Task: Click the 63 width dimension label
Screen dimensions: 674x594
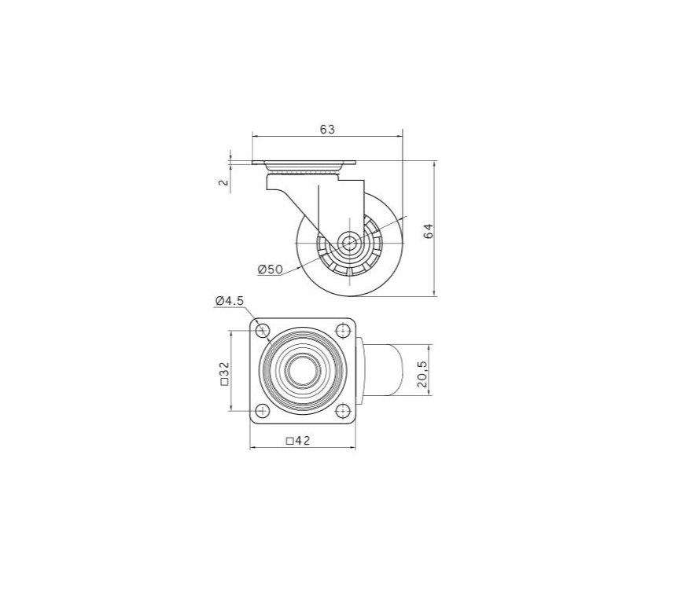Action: click(327, 129)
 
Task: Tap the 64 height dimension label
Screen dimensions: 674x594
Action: click(429, 231)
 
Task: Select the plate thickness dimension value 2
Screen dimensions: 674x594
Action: click(223, 182)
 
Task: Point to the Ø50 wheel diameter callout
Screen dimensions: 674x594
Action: click(271, 269)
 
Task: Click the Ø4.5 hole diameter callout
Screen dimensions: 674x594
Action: click(230, 301)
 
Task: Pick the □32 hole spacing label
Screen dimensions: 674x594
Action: click(225, 374)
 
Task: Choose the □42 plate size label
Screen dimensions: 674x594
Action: click(298, 440)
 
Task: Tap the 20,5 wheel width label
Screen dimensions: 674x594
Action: click(422, 374)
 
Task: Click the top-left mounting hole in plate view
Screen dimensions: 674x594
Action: click(263, 331)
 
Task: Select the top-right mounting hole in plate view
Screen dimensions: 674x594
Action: click(342, 331)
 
